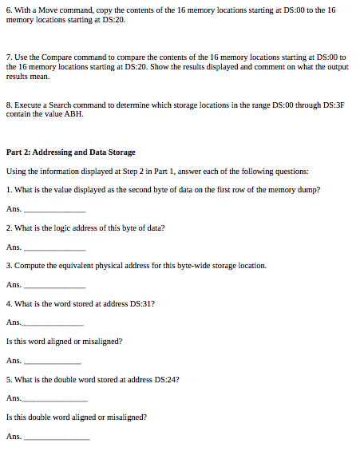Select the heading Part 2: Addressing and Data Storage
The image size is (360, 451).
pyautogui.click(x=70, y=152)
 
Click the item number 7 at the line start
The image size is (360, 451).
pyautogui.click(x=8, y=58)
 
